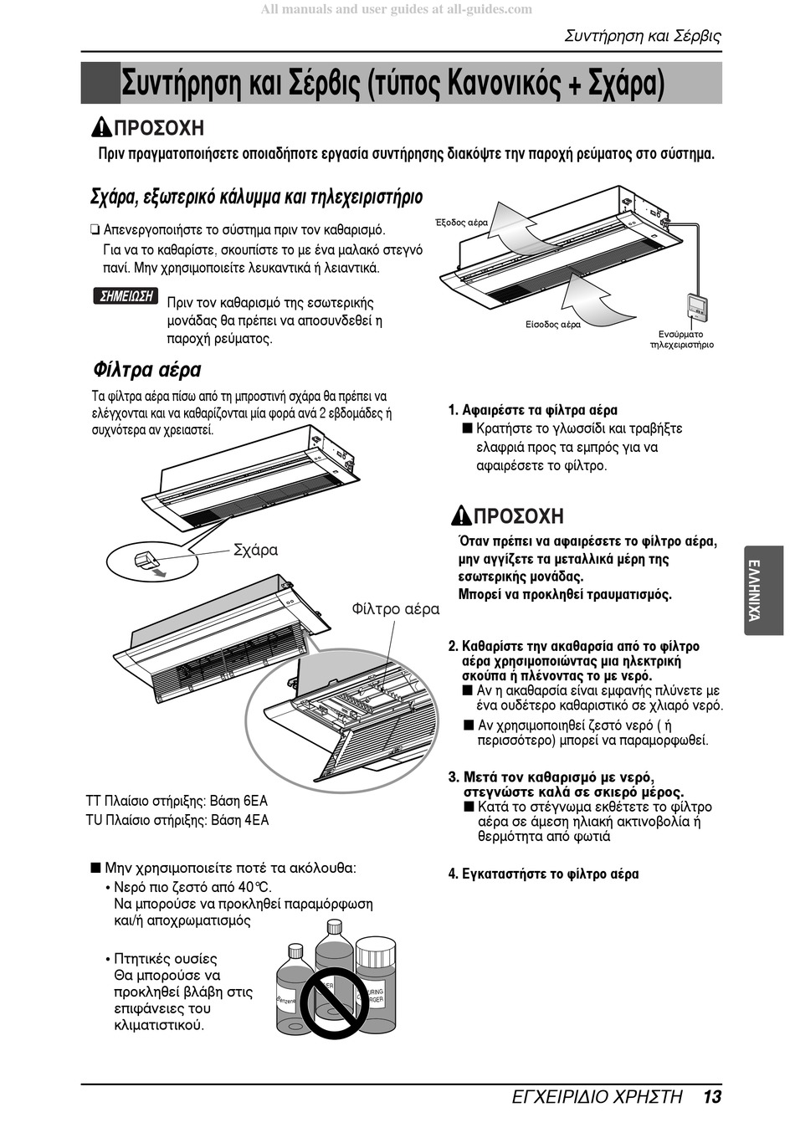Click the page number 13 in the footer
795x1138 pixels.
click(711, 1096)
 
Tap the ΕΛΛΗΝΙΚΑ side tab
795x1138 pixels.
click(753, 589)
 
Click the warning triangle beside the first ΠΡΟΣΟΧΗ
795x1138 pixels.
click(101, 128)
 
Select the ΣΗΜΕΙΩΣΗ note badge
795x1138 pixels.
click(126, 296)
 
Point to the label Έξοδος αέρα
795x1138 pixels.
click(461, 223)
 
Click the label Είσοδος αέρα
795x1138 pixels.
click(552, 325)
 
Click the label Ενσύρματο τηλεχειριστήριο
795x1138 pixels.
click(681, 339)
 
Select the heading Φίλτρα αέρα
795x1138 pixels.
click(146, 370)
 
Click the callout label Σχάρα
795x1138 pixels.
click(255, 550)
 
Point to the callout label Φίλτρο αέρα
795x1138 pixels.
click(395, 609)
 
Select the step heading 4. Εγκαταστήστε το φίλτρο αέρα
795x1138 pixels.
click(543, 874)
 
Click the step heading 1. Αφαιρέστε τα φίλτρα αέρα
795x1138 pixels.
click(533, 410)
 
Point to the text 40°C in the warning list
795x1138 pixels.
click(254, 887)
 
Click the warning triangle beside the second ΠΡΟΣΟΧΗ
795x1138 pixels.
click(461, 515)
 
